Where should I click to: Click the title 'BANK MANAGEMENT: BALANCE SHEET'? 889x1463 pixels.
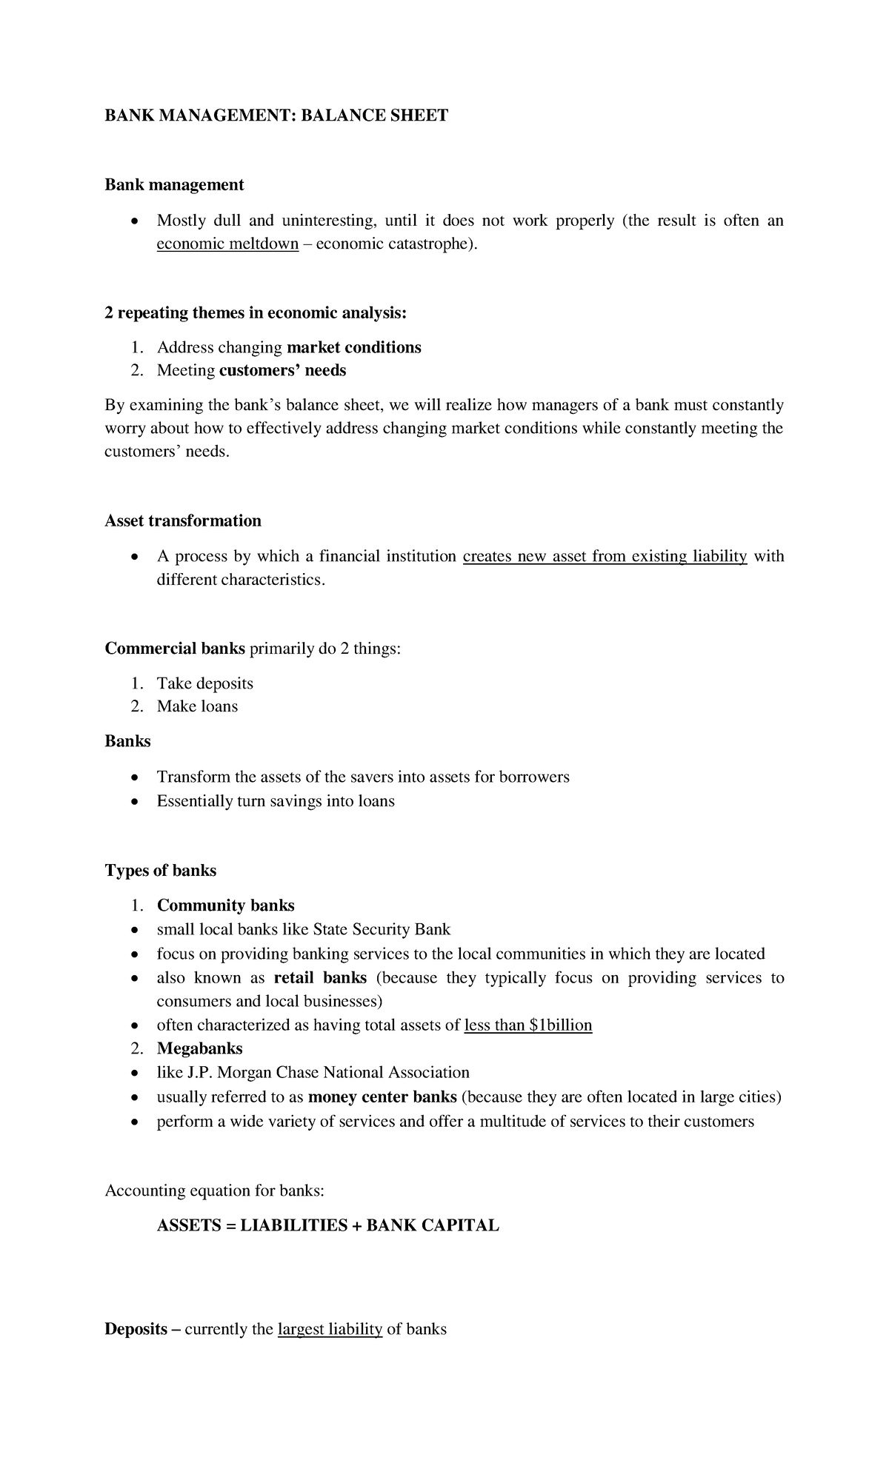coord(276,115)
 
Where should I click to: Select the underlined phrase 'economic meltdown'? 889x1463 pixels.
coord(227,244)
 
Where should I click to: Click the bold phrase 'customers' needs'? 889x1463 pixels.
coord(282,370)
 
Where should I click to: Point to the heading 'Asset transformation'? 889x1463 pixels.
coord(183,520)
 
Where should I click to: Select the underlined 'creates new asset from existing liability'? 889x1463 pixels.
coord(605,556)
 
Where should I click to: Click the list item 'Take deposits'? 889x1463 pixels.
coord(204,683)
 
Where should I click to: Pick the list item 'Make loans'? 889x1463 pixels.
coord(197,706)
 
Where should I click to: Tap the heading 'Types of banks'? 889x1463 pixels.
coord(160,870)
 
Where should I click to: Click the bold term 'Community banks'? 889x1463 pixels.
coord(225,905)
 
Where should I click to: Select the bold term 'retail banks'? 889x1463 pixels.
coord(320,977)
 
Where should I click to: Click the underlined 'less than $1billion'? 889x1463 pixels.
coord(527,1025)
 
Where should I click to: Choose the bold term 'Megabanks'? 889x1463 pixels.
coord(199,1048)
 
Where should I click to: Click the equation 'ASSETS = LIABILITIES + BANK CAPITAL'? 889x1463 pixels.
coord(327,1225)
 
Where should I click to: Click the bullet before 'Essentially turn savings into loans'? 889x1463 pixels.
coord(133,802)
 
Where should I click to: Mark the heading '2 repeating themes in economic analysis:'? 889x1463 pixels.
coord(256,312)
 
